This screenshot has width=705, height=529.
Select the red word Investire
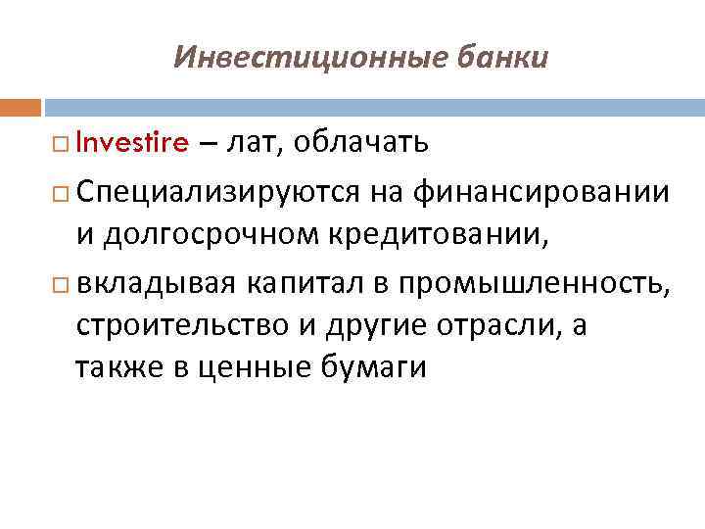pos(130,145)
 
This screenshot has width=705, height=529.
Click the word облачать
pos(362,145)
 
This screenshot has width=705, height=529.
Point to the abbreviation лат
pos(253,146)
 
